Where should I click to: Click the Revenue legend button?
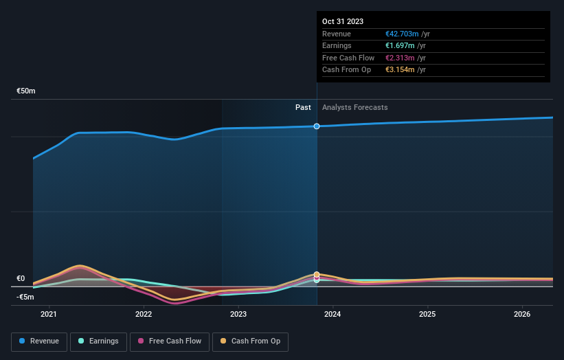(39, 341)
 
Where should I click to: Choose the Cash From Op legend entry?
(251, 341)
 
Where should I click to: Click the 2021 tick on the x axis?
(49, 315)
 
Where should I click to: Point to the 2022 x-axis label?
(144, 315)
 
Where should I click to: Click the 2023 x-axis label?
(238, 315)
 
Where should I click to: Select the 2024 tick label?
(332, 315)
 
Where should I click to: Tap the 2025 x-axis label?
(427, 315)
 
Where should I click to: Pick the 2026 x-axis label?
(522, 315)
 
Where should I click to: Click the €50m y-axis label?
(26, 91)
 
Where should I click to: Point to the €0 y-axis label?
(21, 278)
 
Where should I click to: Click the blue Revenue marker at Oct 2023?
(317, 126)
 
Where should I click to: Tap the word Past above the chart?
(303, 107)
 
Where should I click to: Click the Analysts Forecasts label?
(354, 107)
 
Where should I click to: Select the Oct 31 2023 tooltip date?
(343, 21)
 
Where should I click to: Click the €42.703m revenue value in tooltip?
(402, 34)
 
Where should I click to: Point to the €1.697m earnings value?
(400, 46)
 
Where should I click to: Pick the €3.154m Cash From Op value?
(400, 70)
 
